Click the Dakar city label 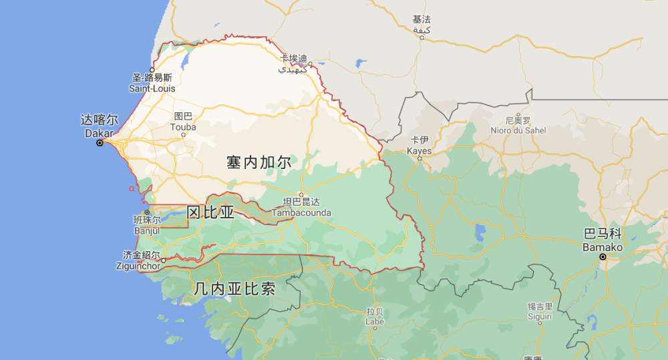coord(99,127)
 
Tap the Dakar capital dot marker coord(100,143)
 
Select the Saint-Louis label coord(152,83)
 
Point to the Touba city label coord(183,122)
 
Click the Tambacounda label coord(301,207)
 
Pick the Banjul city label coord(147,225)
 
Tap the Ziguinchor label coord(142,260)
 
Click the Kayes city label coord(420,146)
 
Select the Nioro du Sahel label coord(518,126)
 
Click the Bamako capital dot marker coord(603,256)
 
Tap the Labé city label coord(375,317)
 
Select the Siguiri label coord(540,311)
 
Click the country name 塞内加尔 coord(259,162)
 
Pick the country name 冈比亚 coord(210,212)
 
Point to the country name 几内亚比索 coord(234,289)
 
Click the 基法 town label coord(422,25)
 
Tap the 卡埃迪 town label coord(293,63)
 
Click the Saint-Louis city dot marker coord(152,70)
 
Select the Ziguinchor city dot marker coord(163,260)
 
